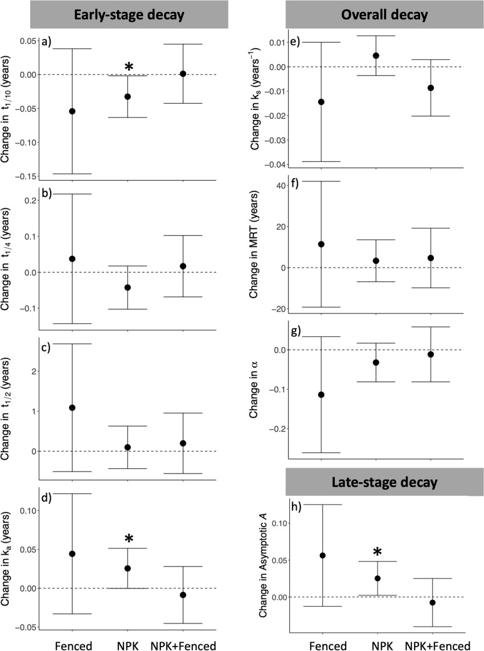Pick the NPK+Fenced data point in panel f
click(431, 258)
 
